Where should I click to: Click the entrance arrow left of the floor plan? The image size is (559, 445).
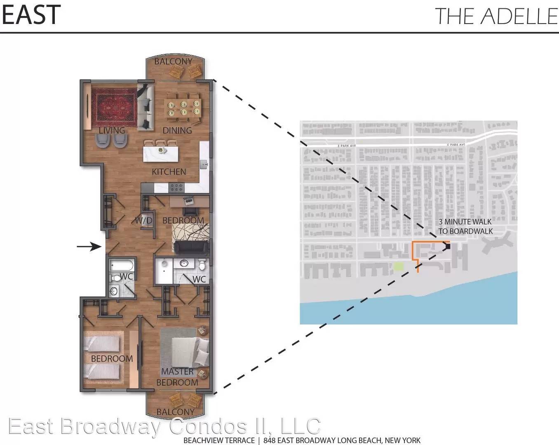coord(89,247)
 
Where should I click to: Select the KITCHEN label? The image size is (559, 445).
coord(169,172)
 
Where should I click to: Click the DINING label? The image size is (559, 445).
coord(177,130)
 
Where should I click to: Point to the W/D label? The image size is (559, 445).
coord(143,220)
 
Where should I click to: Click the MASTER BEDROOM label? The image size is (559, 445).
coord(177,377)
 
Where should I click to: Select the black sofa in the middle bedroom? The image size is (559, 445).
coord(191,247)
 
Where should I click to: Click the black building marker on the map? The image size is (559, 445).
coord(448,246)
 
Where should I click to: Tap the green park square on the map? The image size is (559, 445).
coord(398,266)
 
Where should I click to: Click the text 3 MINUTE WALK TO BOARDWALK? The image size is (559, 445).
coord(465,226)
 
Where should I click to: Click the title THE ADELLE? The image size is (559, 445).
coord(496,16)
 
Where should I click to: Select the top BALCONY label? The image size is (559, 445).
coord(173,61)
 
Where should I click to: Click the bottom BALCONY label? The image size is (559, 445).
coord(175,412)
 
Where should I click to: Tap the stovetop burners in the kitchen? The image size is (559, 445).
coord(176,188)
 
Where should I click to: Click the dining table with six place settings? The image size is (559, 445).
coord(183,107)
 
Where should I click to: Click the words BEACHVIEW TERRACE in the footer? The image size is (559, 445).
coord(219,440)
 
